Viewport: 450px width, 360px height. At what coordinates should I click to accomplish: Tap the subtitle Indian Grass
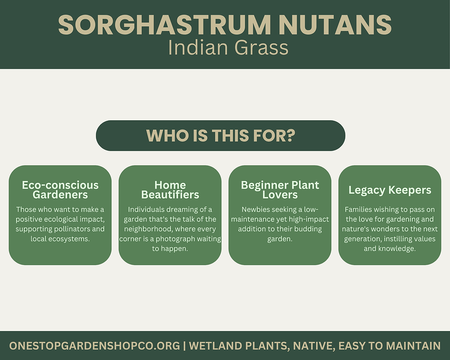point(228,48)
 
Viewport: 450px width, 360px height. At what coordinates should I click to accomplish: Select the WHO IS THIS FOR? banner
point(220,135)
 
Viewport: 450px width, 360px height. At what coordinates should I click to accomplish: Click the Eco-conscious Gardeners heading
point(60,190)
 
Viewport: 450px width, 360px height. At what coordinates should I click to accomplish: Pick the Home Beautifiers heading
point(170,190)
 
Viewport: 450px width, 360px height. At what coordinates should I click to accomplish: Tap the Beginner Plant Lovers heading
point(280,190)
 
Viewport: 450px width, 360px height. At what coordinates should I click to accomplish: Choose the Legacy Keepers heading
point(390,190)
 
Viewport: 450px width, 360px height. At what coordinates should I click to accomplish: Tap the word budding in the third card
point(308,229)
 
